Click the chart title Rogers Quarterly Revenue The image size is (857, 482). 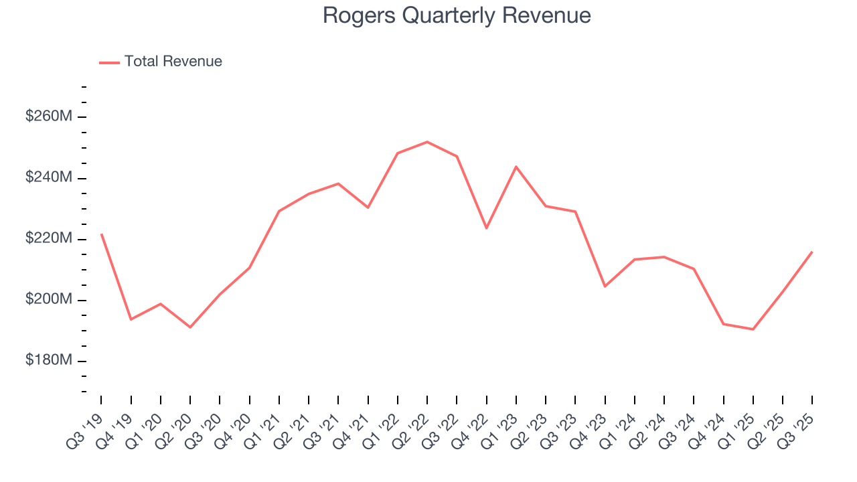[x=457, y=15]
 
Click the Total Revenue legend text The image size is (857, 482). [x=173, y=62]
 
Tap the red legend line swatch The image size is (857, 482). [x=109, y=62]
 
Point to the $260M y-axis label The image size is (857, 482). [x=48, y=116]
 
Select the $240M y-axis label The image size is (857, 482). [x=48, y=177]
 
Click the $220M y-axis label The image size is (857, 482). [x=48, y=238]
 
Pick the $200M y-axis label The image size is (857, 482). [x=48, y=299]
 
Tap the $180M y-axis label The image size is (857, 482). [x=48, y=360]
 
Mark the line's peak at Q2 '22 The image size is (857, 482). [x=427, y=142]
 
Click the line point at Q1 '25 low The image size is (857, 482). [x=753, y=329]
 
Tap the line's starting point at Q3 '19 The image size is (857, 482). [x=101, y=234]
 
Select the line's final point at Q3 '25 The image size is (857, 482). [x=812, y=252]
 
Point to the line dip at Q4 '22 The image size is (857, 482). [x=486, y=228]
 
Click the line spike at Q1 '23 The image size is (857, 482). [x=516, y=166]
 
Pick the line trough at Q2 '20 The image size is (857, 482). [x=190, y=327]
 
